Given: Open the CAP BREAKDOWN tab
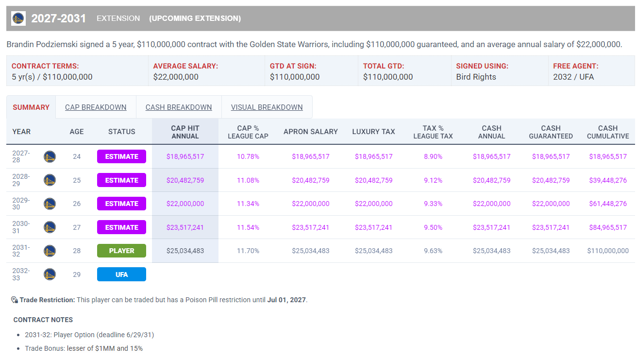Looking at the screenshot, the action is point(96,107).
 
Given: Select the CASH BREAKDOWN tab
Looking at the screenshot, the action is point(179,107).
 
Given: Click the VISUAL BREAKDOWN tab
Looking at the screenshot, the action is point(267,107).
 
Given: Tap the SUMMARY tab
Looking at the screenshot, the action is point(31,107).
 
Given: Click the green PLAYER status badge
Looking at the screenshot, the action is point(121,251).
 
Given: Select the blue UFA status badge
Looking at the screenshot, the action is point(121,274).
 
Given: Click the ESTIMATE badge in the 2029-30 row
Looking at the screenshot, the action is point(121,204).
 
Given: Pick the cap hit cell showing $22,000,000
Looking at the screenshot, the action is point(185,204).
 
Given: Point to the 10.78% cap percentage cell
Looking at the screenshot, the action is point(248,156).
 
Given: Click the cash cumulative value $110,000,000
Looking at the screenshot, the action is point(608,251).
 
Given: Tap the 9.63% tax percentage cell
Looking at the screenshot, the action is point(433,251).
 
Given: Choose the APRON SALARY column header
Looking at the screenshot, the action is point(311,132).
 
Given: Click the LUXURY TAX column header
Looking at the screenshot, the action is point(373,132).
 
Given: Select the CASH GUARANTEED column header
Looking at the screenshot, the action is point(551,132).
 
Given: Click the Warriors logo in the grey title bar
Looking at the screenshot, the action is point(18,18).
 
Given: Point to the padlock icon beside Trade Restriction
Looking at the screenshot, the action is point(14,300).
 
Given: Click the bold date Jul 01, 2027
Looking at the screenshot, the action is point(286,300).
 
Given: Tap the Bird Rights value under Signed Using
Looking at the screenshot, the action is point(476,77).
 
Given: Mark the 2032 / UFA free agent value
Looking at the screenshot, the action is point(573,77).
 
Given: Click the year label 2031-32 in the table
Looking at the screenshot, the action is point(21,251).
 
